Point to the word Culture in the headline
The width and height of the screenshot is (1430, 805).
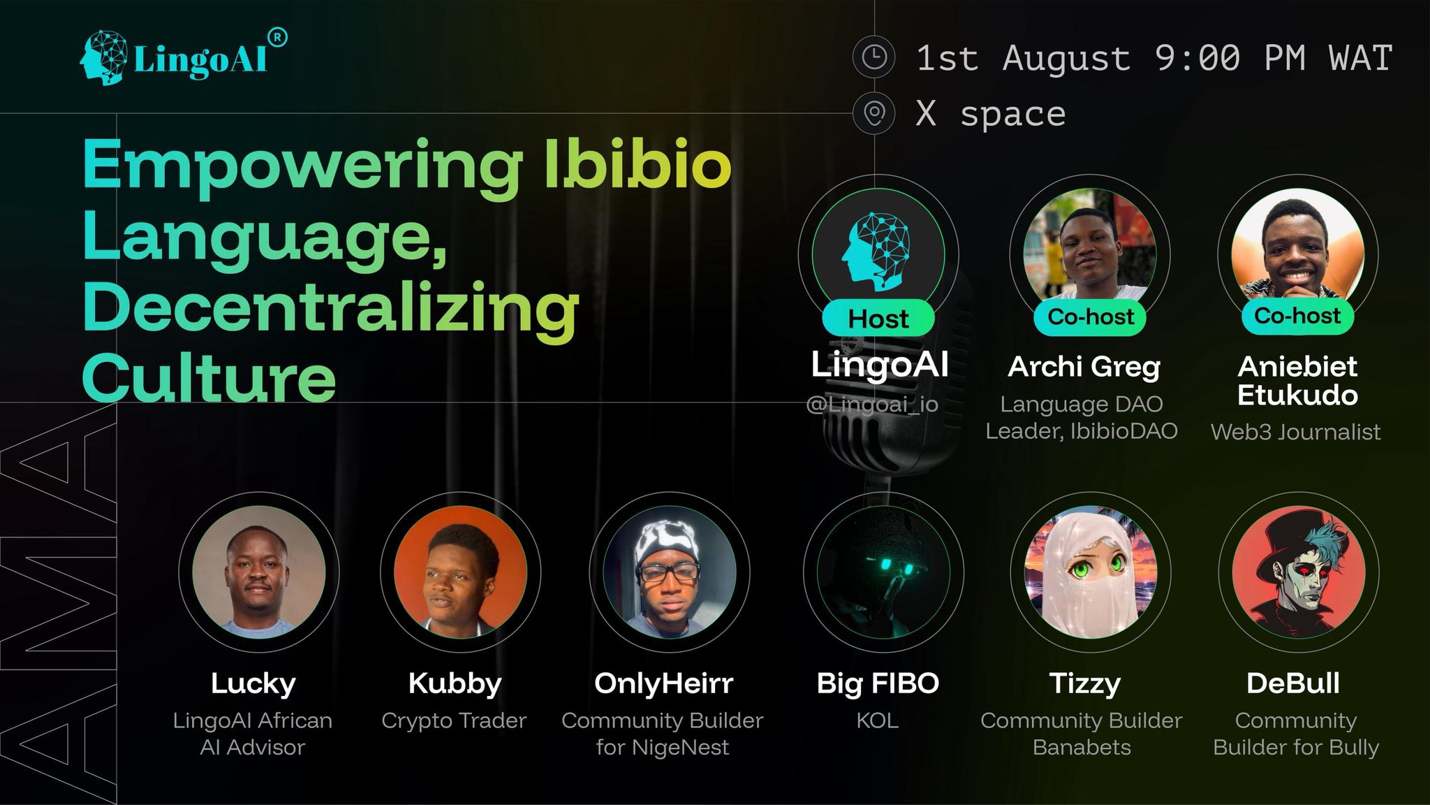pos(209,377)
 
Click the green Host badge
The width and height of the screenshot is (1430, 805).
pos(878,319)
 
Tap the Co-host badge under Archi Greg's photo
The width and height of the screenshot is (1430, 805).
pos(1091,317)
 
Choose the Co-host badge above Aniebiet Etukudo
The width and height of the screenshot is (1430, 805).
pos(1297,316)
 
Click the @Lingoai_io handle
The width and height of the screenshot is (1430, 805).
pos(872,404)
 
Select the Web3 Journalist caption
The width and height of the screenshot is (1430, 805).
pos(1296,432)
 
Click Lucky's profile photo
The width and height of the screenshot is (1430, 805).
pos(259,571)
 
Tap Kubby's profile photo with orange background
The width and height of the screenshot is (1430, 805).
pos(461,571)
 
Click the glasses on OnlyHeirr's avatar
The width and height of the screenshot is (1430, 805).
pos(668,572)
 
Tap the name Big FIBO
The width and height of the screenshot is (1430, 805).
pos(878,683)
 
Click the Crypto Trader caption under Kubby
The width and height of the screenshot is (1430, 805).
pos(454,720)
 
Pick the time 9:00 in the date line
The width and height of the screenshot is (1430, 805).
pos(1197,58)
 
